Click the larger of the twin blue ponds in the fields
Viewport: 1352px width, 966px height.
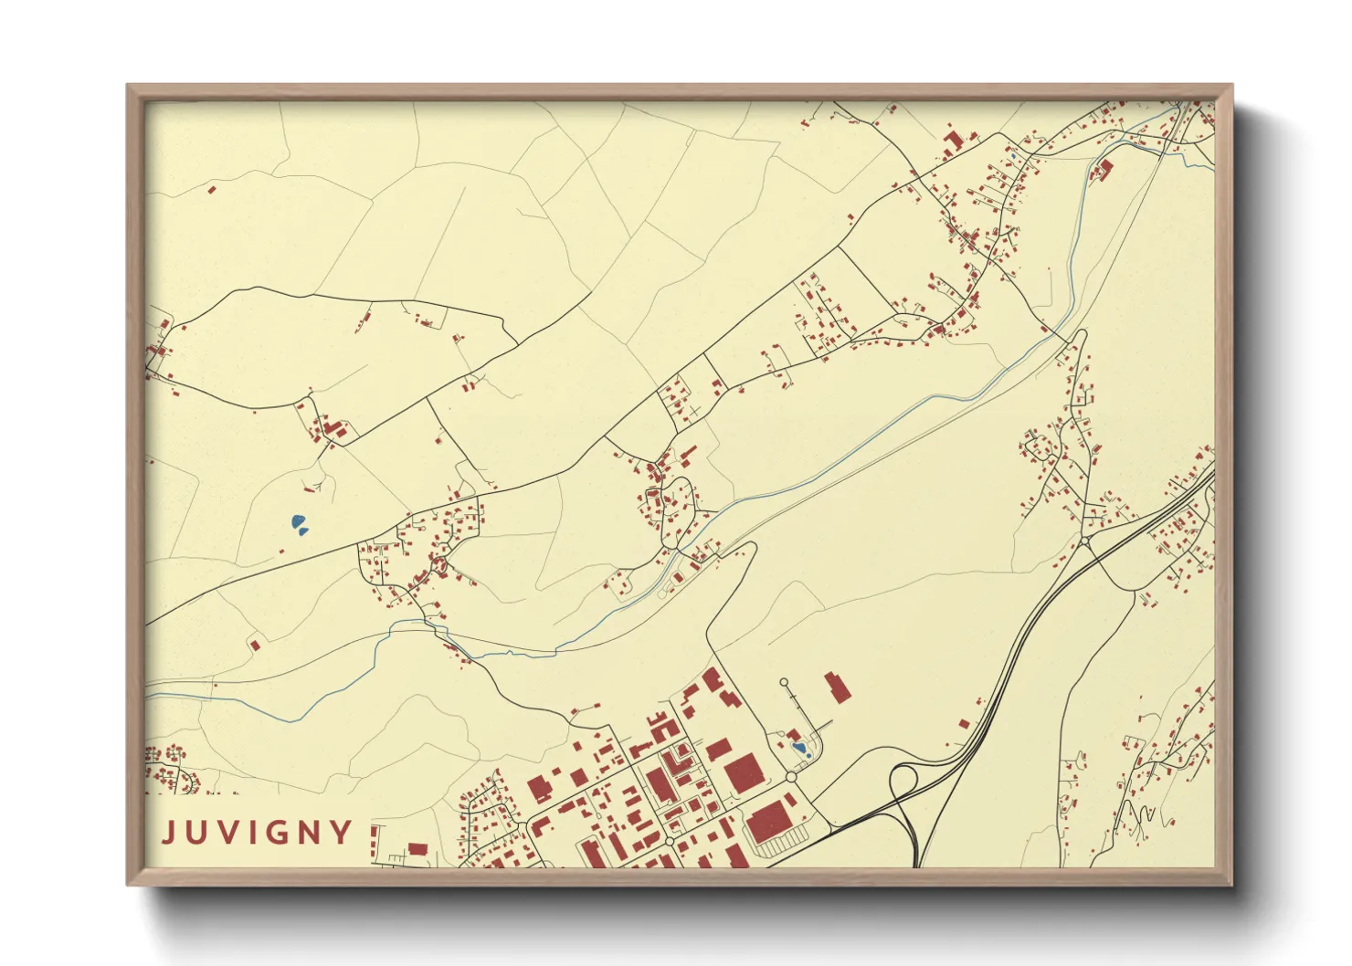[x=298, y=522]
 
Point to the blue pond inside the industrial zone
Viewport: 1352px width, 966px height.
[x=800, y=748]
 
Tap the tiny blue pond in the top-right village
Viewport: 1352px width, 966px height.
[x=1012, y=156]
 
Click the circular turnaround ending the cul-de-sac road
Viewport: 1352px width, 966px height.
[x=783, y=682]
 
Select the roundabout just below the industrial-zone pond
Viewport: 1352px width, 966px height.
[x=791, y=777]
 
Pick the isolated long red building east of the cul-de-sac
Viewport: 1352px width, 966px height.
[x=836, y=687]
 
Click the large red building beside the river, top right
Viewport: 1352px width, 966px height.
[x=1104, y=169]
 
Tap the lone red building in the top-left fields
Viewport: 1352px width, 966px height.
[x=212, y=190]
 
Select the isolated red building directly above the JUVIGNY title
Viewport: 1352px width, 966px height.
[x=255, y=646]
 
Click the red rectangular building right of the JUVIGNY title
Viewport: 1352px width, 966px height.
[x=417, y=849]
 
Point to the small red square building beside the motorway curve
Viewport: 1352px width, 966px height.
[x=963, y=723]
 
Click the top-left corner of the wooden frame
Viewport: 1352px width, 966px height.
[x=128, y=85]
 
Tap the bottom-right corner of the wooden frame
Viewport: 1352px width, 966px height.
[x=1232, y=885]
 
